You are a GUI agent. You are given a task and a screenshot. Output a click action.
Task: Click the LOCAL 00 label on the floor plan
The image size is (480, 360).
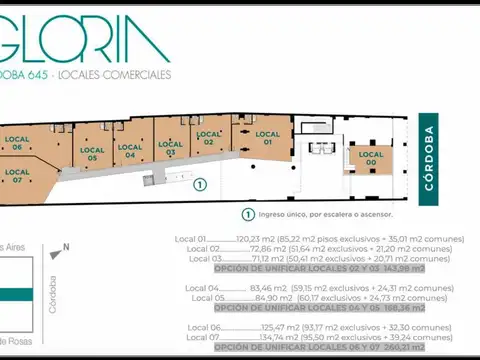[x=371, y=158]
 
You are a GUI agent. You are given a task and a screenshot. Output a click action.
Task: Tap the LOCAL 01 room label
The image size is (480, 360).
[x=267, y=138]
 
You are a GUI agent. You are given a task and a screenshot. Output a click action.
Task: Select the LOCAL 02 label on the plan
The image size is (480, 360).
[x=209, y=138]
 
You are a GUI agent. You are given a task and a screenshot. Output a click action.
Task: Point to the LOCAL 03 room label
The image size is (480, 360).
[x=171, y=149]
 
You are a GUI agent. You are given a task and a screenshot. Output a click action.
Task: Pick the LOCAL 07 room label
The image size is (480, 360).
[x=17, y=177]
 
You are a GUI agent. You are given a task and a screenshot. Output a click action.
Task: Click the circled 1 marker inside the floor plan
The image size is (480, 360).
[x=200, y=184]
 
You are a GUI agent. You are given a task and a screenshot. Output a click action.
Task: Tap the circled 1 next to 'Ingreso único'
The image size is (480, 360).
[x=247, y=214]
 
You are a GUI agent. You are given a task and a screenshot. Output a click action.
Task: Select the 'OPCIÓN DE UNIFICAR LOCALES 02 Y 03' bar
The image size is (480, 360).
[x=319, y=269]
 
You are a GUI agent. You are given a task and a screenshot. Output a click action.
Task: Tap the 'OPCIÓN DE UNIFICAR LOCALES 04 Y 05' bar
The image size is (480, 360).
[x=319, y=308]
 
